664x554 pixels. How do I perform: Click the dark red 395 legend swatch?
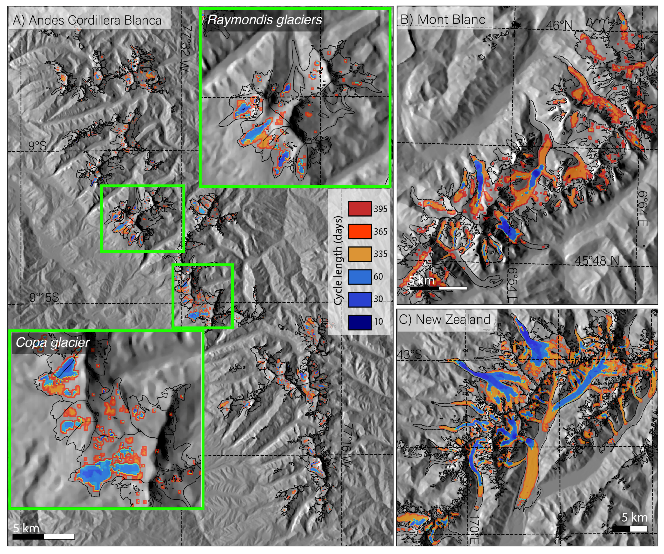(359, 209)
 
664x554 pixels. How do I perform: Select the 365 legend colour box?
(359, 231)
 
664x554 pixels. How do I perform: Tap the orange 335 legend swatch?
(359, 254)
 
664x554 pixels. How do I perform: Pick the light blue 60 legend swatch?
(359, 277)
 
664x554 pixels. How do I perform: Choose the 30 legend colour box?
(359, 299)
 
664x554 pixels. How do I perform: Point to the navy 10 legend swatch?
(359, 322)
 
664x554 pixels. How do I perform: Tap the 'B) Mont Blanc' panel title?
(443, 19)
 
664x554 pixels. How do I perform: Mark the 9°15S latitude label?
(44, 297)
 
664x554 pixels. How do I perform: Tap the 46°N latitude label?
(559, 25)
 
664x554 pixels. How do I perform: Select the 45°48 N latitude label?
(597, 261)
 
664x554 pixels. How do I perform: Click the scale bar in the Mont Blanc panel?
(438, 288)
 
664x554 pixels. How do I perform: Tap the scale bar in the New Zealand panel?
(630, 528)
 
